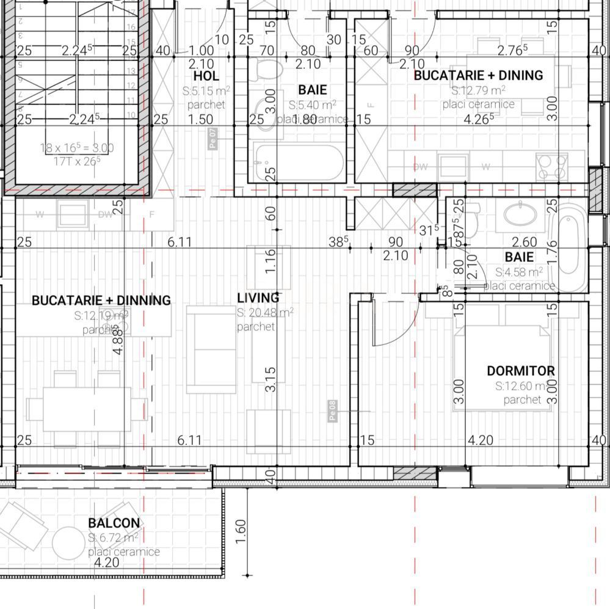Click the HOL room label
[x=206, y=76]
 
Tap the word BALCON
[x=114, y=523]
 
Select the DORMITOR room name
[x=520, y=371]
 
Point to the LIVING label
[x=258, y=298]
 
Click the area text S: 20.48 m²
[x=264, y=312]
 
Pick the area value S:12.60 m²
[x=522, y=386]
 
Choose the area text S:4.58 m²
[x=518, y=272]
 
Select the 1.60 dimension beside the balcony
[x=240, y=534]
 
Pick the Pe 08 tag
[x=332, y=410]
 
